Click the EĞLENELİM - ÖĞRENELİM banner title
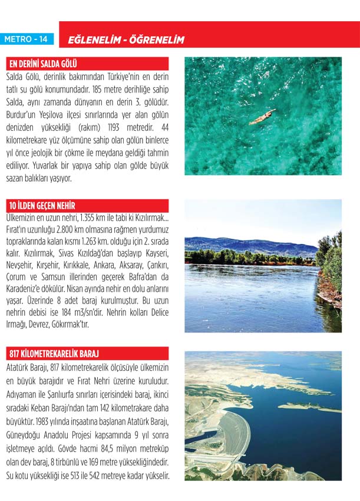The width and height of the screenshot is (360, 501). pyautogui.click(x=126, y=40)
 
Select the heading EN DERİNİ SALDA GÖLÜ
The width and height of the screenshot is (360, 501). pyautogui.click(x=42, y=64)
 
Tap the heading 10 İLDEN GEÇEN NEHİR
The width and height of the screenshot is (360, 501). pyautogui.click(x=41, y=205)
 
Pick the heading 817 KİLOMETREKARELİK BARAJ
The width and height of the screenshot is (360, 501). pyautogui.click(x=54, y=354)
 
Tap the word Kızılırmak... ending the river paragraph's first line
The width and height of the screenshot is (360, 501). pyautogui.click(x=147, y=217)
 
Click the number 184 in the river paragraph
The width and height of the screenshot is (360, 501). pyautogui.click(x=82, y=312)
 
